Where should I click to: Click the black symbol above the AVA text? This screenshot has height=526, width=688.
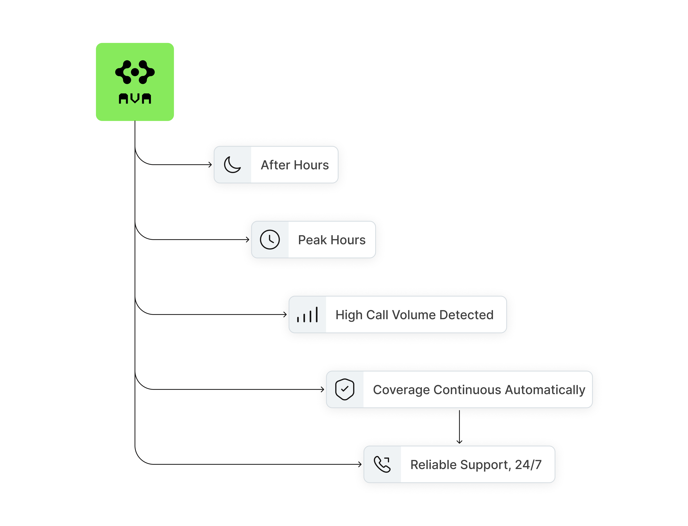(135, 72)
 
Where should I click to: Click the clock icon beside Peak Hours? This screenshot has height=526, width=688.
(270, 240)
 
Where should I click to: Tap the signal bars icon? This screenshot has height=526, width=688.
(307, 315)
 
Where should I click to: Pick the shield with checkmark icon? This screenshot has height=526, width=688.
(344, 389)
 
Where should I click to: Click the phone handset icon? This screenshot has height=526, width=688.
(382, 464)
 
